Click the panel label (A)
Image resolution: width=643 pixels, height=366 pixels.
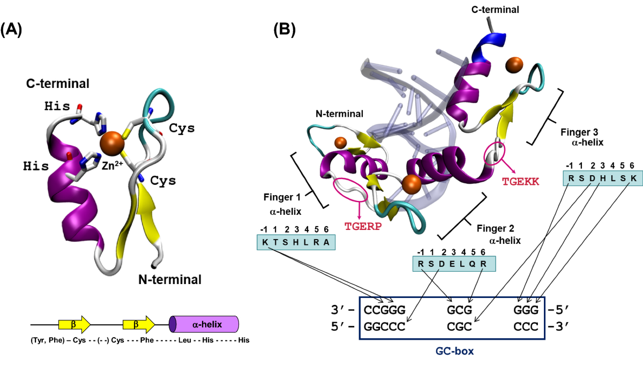pyautogui.click(x=11, y=30)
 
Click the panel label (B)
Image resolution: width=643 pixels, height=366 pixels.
pyautogui.click(x=283, y=30)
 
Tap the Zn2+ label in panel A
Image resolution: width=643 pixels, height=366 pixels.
pyautogui.click(x=112, y=167)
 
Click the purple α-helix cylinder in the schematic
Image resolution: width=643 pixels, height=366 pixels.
pyautogui.click(x=204, y=324)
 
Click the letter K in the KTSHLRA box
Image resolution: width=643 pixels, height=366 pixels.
pyautogui.click(x=265, y=243)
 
